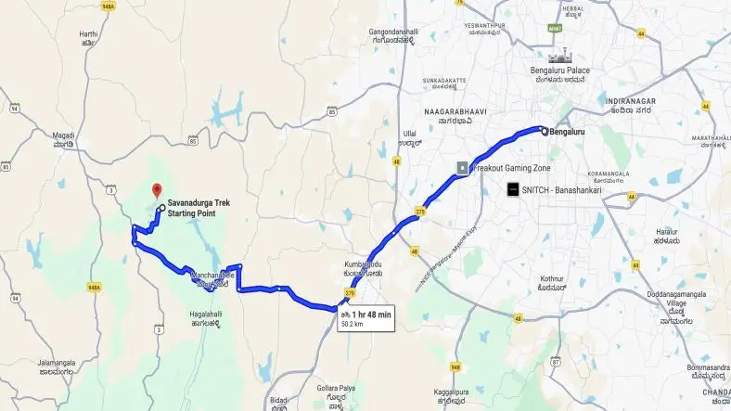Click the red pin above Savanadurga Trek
tap(155, 190)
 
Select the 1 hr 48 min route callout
tap(364, 317)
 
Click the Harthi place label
tap(88, 37)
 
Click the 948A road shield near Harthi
tap(109, 5)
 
